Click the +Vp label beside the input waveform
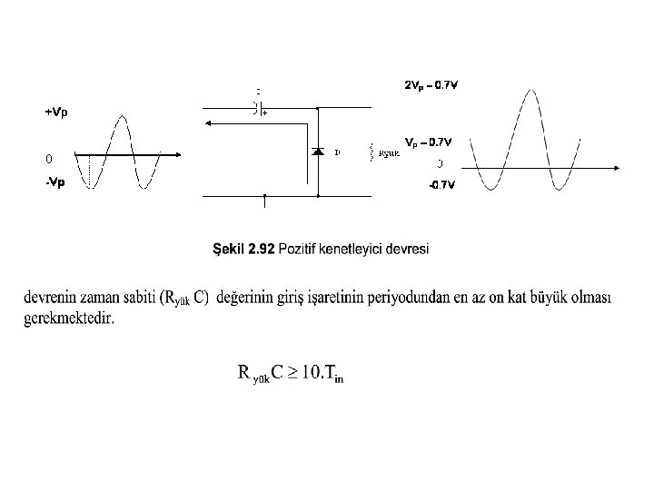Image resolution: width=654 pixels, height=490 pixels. (x=55, y=113)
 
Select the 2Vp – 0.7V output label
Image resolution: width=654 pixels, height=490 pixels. (x=431, y=85)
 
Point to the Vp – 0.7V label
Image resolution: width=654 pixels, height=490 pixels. (x=428, y=142)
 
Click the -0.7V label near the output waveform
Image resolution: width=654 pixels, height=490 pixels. (x=442, y=185)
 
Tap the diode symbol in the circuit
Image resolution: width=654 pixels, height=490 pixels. (x=318, y=152)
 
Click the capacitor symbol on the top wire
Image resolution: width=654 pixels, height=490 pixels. (x=256, y=108)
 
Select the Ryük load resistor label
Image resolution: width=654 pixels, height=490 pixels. (x=388, y=152)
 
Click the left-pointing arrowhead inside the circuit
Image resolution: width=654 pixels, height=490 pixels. (x=206, y=127)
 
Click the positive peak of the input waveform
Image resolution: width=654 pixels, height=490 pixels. (x=122, y=116)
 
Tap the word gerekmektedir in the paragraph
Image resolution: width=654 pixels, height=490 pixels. (x=69, y=318)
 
